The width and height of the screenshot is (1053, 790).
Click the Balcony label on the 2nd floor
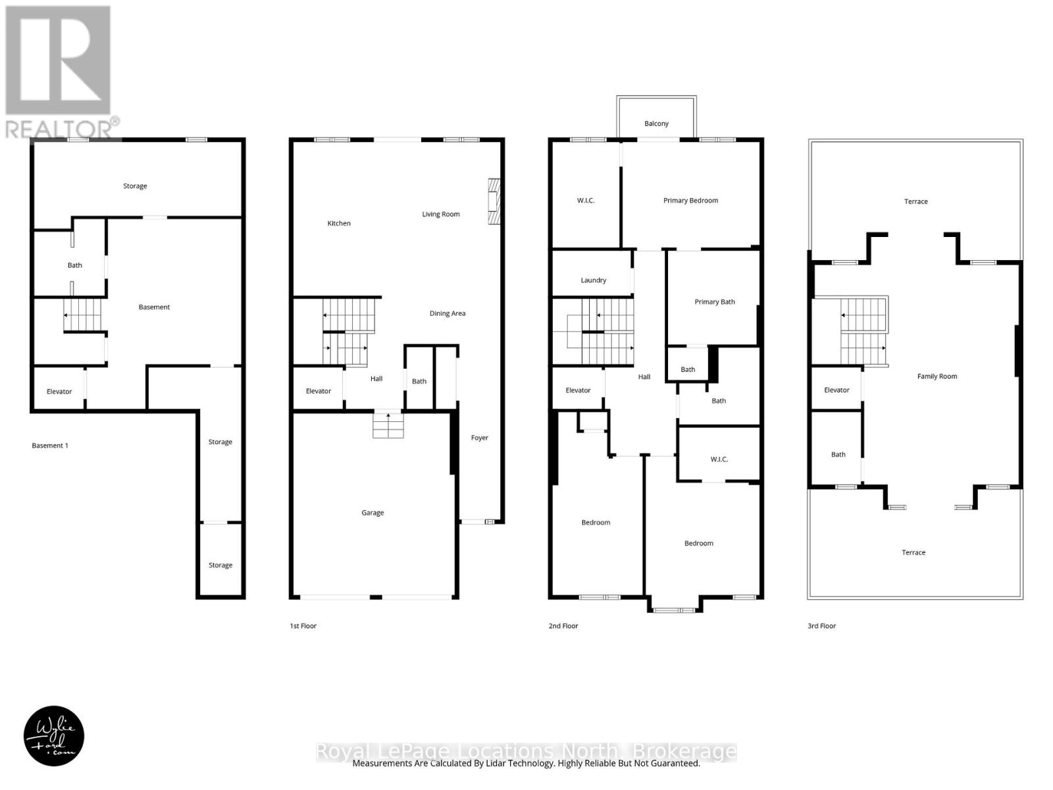[x=656, y=124]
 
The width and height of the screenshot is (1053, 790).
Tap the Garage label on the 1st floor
[x=372, y=513]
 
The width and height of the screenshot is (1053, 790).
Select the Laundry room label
[x=593, y=280]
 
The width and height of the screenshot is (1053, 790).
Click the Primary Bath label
[x=715, y=302]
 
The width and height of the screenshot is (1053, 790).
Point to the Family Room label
[x=937, y=377]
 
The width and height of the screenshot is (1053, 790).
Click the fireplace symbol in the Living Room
[x=494, y=201]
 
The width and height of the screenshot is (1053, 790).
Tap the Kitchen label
[x=339, y=224]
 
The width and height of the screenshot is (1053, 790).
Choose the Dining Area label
[x=448, y=314]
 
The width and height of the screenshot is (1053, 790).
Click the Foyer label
[x=479, y=438]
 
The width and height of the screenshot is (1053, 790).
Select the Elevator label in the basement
[x=59, y=392]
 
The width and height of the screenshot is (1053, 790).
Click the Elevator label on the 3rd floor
[x=836, y=390]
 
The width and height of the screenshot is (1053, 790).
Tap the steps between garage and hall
[x=388, y=425]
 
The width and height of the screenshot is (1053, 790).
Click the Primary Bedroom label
[x=690, y=201]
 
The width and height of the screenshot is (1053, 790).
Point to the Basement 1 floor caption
[x=50, y=446]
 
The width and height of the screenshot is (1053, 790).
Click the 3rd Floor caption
[x=821, y=626]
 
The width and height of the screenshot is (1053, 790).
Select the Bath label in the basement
[x=75, y=265]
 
